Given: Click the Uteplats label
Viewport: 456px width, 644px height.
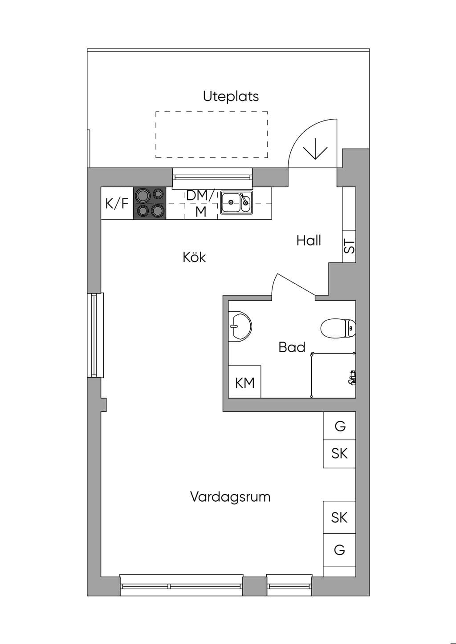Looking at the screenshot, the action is (x=231, y=97).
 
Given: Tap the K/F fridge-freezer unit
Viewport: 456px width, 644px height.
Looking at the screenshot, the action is (x=117, y=203).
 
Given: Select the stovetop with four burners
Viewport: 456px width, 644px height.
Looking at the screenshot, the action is (x=150, y=203).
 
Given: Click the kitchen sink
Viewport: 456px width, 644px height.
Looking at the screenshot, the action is (x=236, y=203).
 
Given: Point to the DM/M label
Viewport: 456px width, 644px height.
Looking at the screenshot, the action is (x=201, y=204).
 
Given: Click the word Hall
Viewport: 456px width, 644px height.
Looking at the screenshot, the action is (x=309, y=240).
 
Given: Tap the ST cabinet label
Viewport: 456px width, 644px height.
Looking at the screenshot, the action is (x=350, y=246).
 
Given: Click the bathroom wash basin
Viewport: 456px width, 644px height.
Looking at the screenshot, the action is (x=240, y=326).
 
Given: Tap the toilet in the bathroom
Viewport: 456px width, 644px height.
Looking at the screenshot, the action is (x=338, y=328).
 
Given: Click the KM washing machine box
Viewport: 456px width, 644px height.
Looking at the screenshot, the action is (x=244, y=382).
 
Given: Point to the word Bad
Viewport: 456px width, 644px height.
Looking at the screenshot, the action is (x=292, y=347).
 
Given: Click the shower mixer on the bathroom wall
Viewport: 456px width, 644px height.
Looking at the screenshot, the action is (x=352, y=377).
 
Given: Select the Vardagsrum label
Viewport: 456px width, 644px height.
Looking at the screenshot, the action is (x=230, y=497).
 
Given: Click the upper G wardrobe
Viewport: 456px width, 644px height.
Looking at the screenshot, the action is (x=339, y=426).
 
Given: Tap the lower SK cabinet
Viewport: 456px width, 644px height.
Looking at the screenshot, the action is (x=339, y=518).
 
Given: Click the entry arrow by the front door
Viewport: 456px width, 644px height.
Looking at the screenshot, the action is (x=315, y=149).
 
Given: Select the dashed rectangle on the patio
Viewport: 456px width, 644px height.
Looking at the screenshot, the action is (x=212, y=135).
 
